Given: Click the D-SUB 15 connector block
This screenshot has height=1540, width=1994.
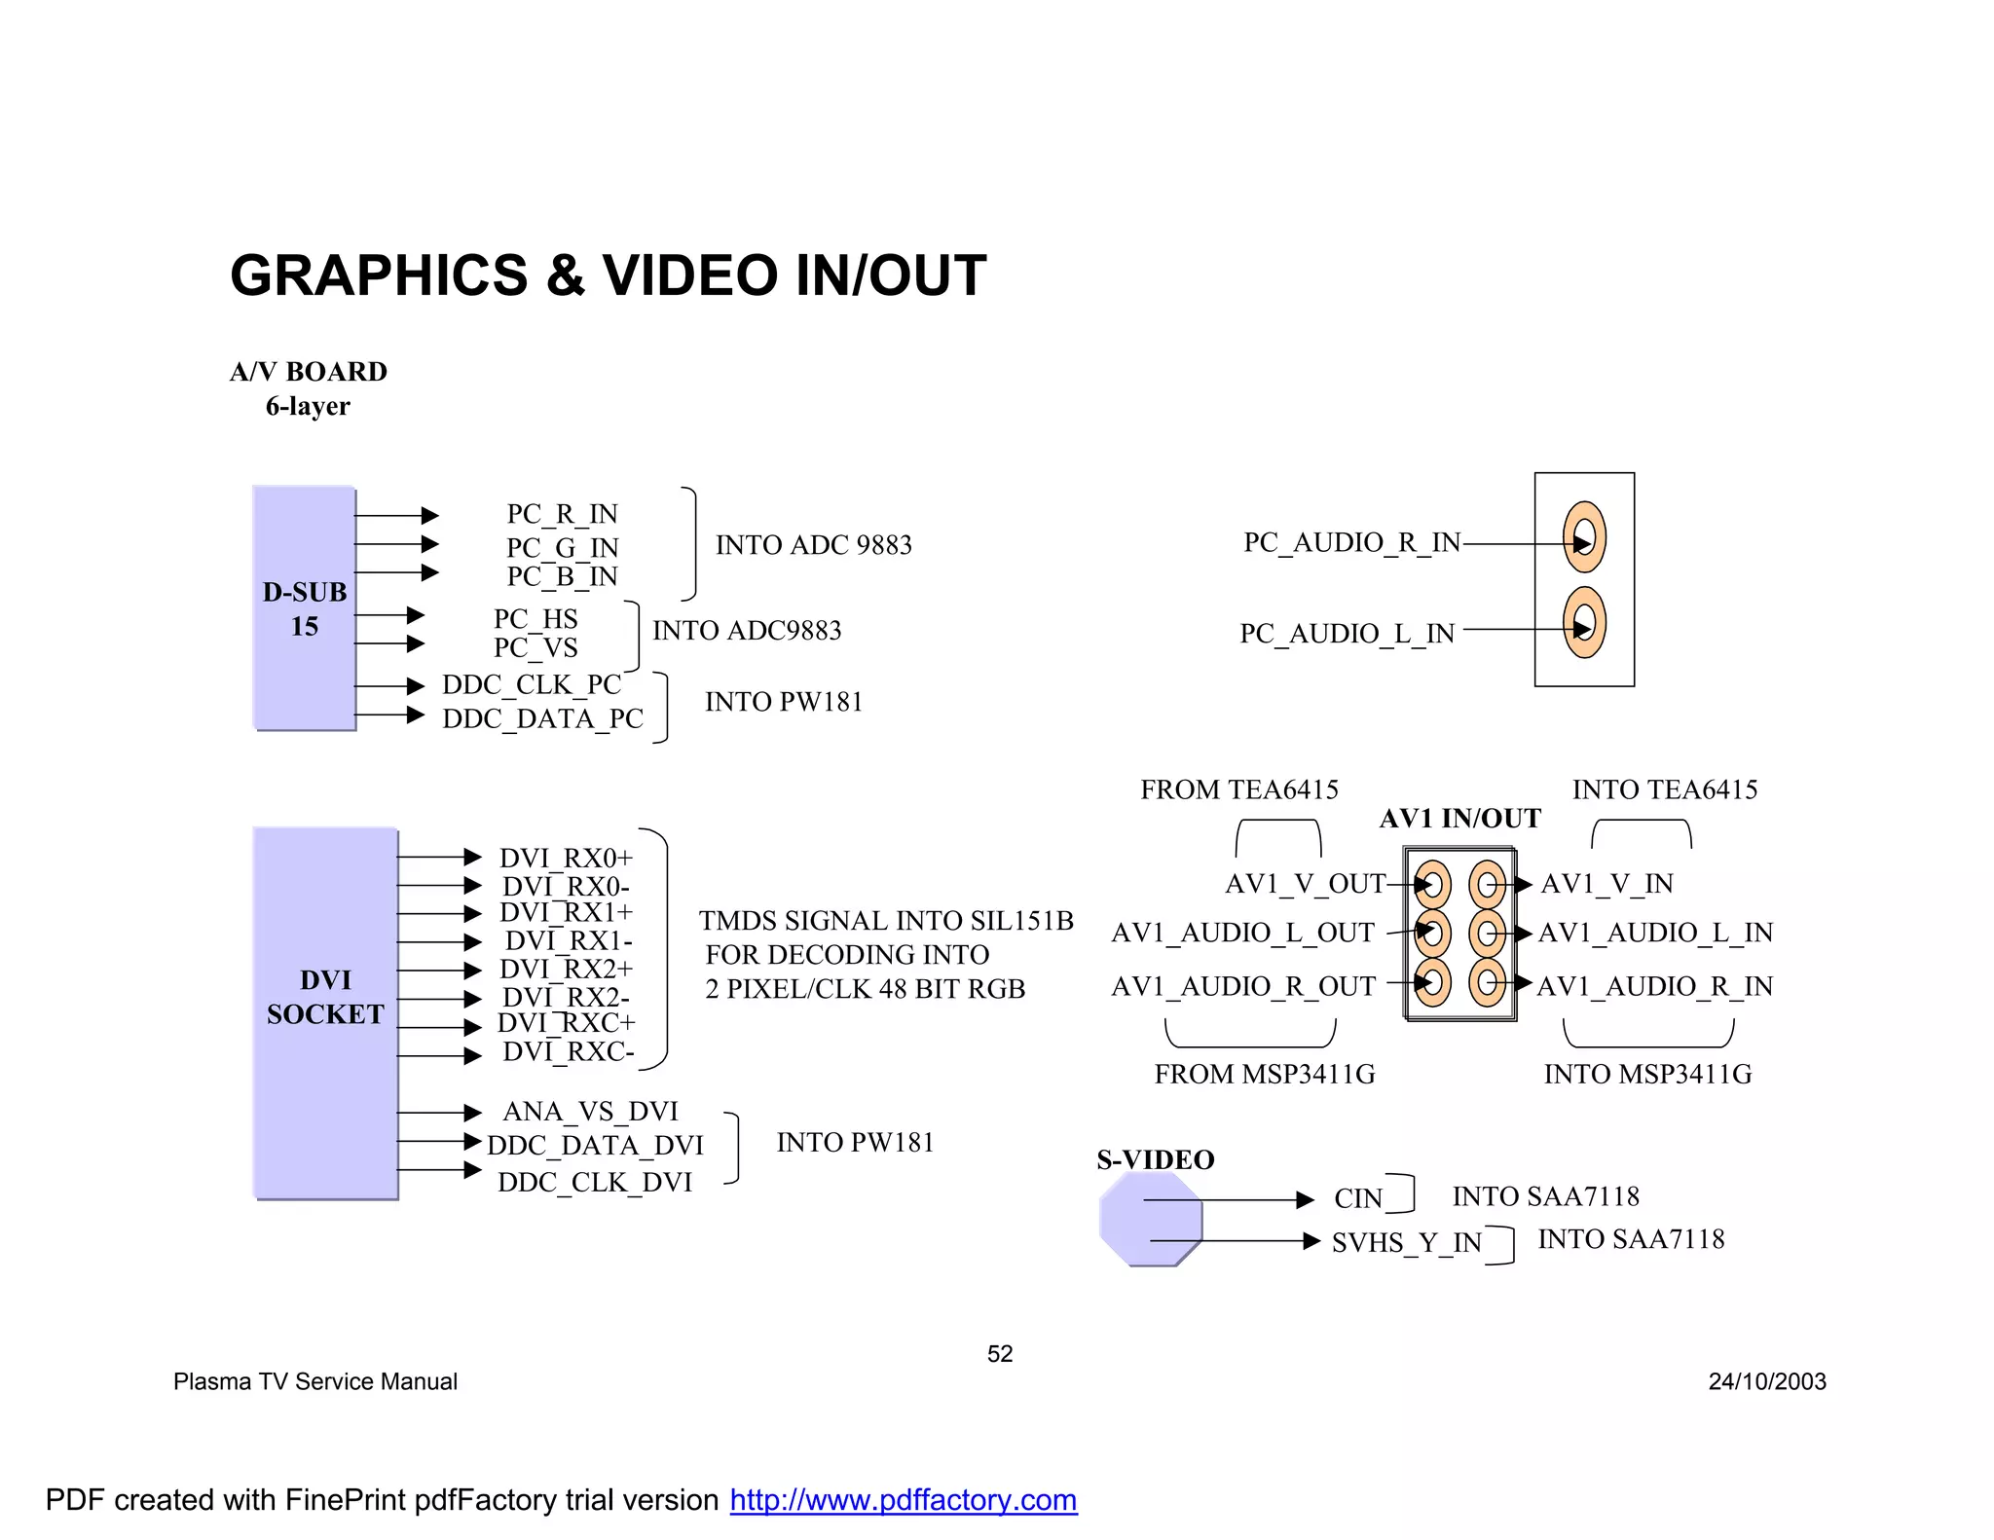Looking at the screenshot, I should point(304,607).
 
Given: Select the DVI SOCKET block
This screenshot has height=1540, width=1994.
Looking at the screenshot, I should point(325,1012).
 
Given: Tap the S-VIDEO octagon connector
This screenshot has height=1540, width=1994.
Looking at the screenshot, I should point(1151,1219).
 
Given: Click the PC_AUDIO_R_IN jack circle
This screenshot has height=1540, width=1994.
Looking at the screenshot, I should point(1584,537).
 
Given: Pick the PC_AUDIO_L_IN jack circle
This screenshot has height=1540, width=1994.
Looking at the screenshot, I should point(1584,623).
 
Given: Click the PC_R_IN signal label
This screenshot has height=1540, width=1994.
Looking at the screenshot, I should point(562,513).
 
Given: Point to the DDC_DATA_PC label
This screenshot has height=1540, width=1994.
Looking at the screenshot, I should point(542,718).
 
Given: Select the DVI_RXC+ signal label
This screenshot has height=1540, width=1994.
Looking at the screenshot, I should point(566,1023).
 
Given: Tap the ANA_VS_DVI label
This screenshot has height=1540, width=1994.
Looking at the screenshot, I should point(590,1111).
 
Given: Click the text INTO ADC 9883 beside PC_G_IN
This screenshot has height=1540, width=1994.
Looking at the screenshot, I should point(814,545).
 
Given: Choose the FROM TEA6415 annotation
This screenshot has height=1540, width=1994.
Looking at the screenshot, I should point(1239,789).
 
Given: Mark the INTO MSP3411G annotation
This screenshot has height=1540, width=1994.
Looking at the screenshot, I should point(1647,1074).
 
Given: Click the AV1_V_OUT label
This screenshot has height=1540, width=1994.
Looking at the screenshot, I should point(1305,884).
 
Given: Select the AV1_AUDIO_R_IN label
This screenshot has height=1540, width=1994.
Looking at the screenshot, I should point(1655,986).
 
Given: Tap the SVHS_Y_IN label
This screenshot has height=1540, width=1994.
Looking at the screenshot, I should point(1406,1242).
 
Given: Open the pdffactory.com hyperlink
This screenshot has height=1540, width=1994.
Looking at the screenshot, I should point(903,1500).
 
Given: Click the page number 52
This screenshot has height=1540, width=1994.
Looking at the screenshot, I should point(1000,1354).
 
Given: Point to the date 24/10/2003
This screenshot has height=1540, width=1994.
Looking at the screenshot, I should point(1767,1381).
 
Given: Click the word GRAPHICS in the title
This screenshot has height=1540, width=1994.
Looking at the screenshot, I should point(379,275).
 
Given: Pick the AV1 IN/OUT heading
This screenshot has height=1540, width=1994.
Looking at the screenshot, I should point(1459,819).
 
